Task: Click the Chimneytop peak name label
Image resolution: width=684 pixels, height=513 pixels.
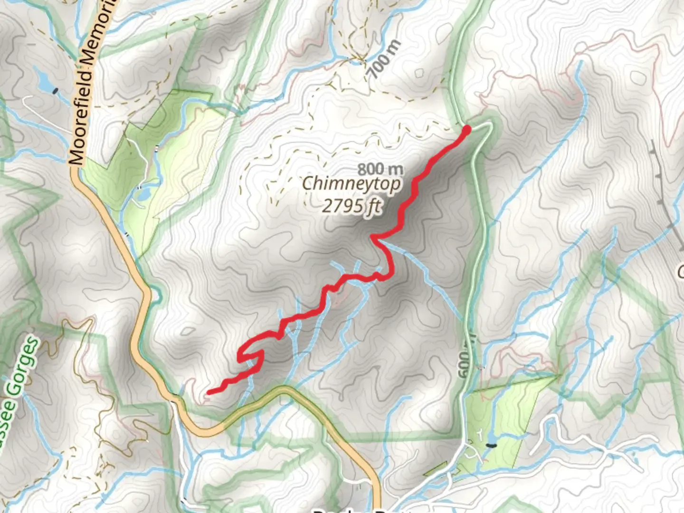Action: (351, 183)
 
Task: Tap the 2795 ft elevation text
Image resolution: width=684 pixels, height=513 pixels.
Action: (351, 206)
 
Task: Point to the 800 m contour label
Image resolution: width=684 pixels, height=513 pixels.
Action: (380, 169)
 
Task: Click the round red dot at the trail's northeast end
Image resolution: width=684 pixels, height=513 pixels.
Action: (466, 129)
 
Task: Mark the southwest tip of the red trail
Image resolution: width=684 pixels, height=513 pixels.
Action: (209, 392)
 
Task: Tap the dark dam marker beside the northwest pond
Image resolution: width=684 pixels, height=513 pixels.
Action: (56, 90)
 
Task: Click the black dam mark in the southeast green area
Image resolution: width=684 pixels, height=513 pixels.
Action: (491, 445)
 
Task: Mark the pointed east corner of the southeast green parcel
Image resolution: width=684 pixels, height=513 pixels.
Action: (557, 376)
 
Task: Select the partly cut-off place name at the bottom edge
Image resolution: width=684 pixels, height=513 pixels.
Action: (361, 510)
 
